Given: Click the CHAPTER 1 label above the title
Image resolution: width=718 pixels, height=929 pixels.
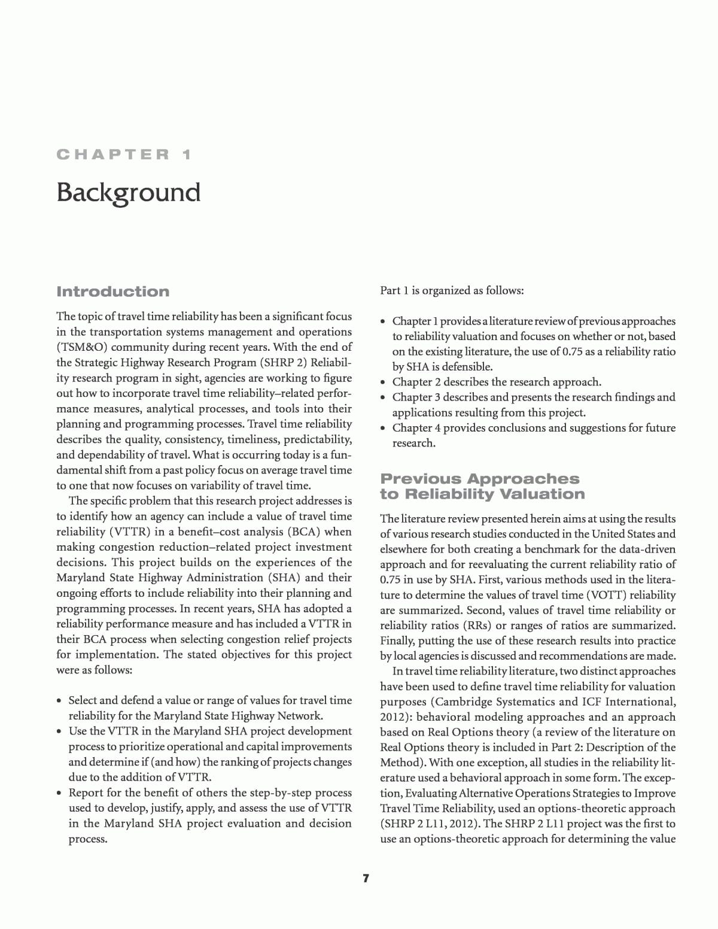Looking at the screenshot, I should [124, 154].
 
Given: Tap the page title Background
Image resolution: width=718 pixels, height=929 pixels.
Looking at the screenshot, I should [128, 193].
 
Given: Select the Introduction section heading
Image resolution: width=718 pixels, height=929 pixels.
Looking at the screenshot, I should [112, 292].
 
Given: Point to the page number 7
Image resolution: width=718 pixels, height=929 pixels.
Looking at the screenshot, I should [366, 878].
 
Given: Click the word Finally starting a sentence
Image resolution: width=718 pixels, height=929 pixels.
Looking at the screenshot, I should [397, 640].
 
